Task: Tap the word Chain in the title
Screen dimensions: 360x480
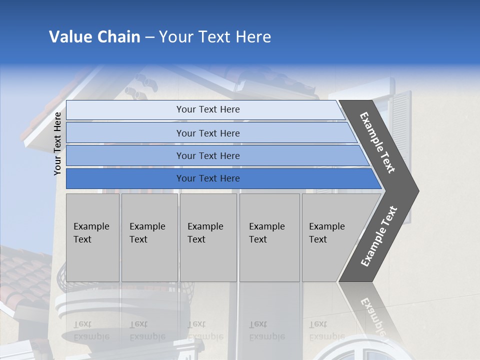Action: coord(119,37)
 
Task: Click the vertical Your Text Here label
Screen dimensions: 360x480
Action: coord(57,143)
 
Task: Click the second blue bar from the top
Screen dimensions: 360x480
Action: coord(208,133)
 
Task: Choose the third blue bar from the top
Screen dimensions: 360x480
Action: coord(208,155)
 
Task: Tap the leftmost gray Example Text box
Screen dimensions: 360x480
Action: coord(92,237)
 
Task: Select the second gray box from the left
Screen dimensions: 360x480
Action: coord(149,237)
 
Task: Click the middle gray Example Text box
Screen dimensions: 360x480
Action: coord(208,237)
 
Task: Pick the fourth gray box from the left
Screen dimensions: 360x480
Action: coord(269,237)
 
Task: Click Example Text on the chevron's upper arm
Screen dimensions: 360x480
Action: coord(377,142)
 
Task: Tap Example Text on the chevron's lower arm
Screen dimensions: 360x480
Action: coord(379,236)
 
